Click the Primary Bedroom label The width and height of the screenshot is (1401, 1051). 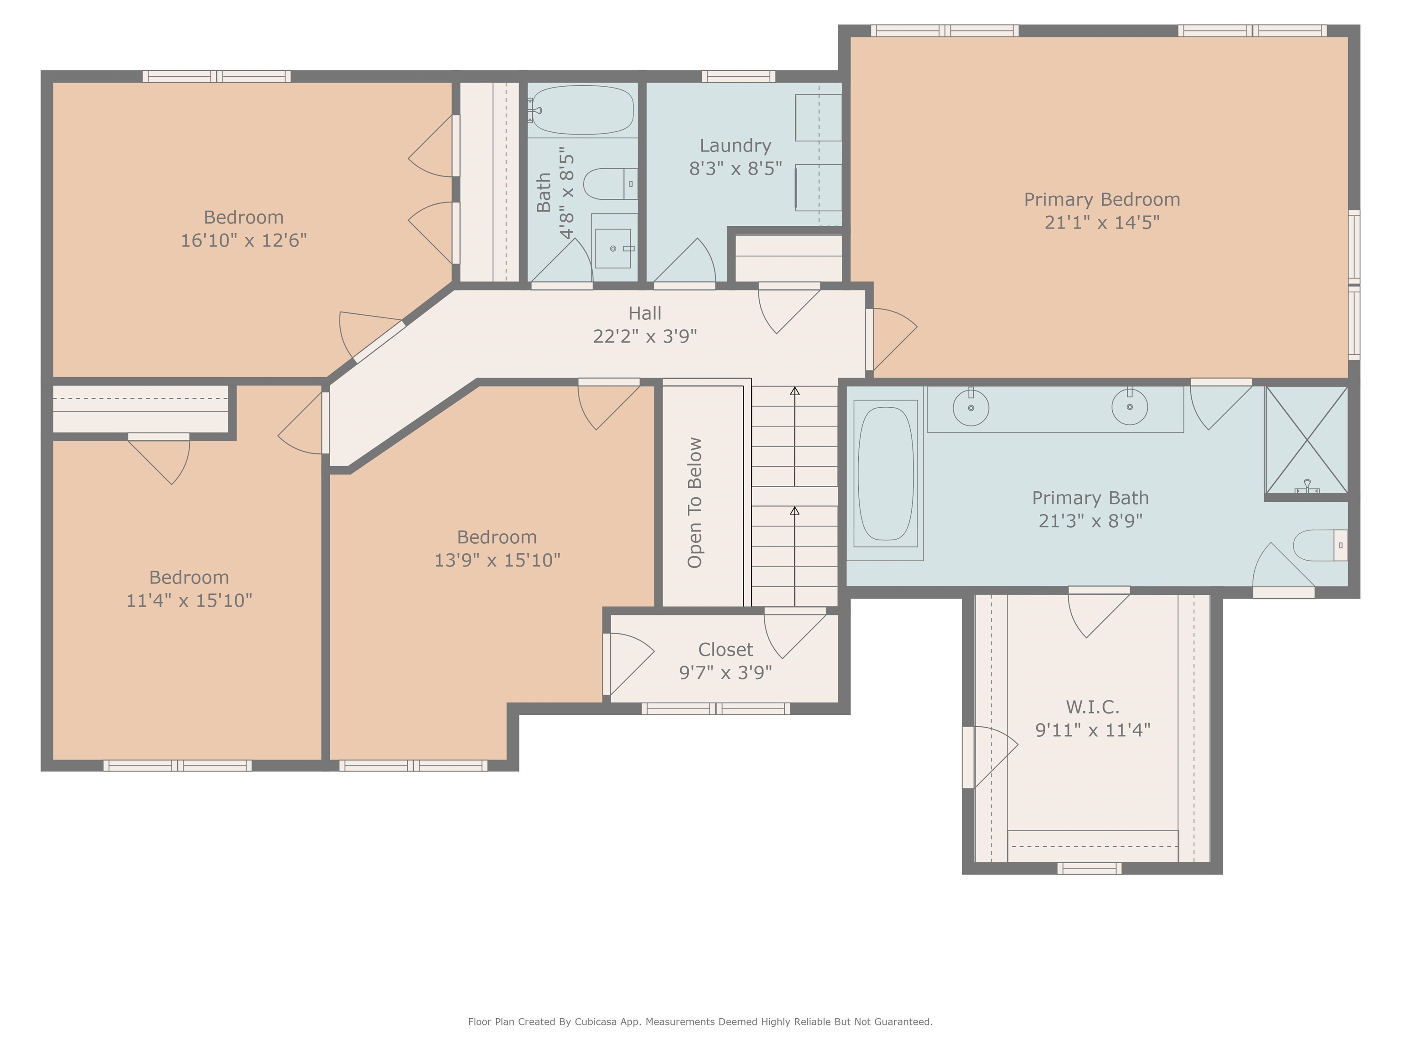click(1102, 199)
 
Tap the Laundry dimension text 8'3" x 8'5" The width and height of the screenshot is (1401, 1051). click(735, 168)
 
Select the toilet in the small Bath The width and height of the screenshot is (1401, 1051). click(610, 184)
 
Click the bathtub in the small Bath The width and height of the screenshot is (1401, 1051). click(583, 110)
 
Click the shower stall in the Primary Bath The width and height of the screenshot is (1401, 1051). click(1306, 440)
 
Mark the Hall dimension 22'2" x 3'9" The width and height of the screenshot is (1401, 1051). click(645, 336)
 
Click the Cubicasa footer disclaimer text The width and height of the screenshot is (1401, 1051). click(700, 1021)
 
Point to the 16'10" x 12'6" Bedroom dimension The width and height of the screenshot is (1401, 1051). click(244, 240)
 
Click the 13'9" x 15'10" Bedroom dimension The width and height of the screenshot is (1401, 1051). click(497, 560)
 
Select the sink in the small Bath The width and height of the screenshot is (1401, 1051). click(613, 248)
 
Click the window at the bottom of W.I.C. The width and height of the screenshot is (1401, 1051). click(1090, 869)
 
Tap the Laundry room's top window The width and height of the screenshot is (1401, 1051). click(738, 77)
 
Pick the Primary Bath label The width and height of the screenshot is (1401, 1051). click(1090, 498)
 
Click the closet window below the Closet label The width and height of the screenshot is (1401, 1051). click(716, 709)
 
